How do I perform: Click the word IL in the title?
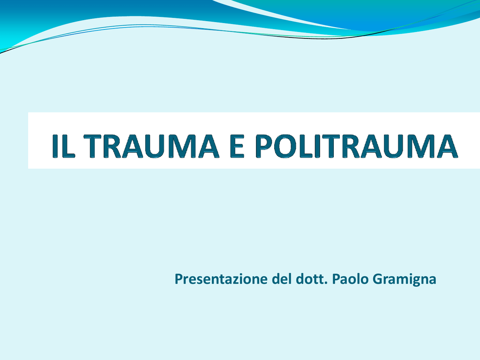[x=64, y=146]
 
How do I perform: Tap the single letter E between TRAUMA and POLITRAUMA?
[x=237, y=146]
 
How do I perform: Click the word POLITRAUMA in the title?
[x=356, y=146]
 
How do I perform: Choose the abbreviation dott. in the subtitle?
[x=312, y=279]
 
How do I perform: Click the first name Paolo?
[x=350, y=279]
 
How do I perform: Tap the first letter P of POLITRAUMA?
[x=264, y=146]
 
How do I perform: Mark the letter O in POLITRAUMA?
[x=286, y=146]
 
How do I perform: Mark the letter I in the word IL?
[x=55, y=146]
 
